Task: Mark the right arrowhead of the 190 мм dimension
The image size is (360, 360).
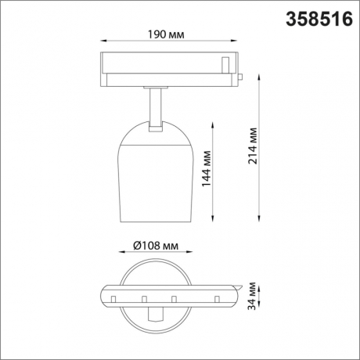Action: tap(239, 43)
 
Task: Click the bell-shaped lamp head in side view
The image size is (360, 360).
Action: tap(157, 176)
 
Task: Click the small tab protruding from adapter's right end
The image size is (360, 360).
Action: tap(243, 77)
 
